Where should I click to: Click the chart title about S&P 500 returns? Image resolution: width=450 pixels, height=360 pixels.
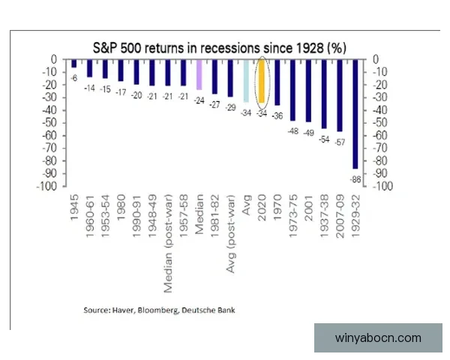coord(219,46)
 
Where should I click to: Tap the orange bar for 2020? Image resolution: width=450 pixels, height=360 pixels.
coord(262,81)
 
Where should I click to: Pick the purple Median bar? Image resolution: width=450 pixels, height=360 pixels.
coord(199,75)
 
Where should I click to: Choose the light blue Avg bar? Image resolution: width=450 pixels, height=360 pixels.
coord(246,81)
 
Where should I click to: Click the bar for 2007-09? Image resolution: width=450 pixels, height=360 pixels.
coord(340,95)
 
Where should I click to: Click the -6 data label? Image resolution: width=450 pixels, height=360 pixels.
coord(74,77)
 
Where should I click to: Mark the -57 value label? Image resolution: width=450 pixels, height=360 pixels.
coord(340,142)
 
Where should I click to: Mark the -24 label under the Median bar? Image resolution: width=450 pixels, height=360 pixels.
coord(199,100)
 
